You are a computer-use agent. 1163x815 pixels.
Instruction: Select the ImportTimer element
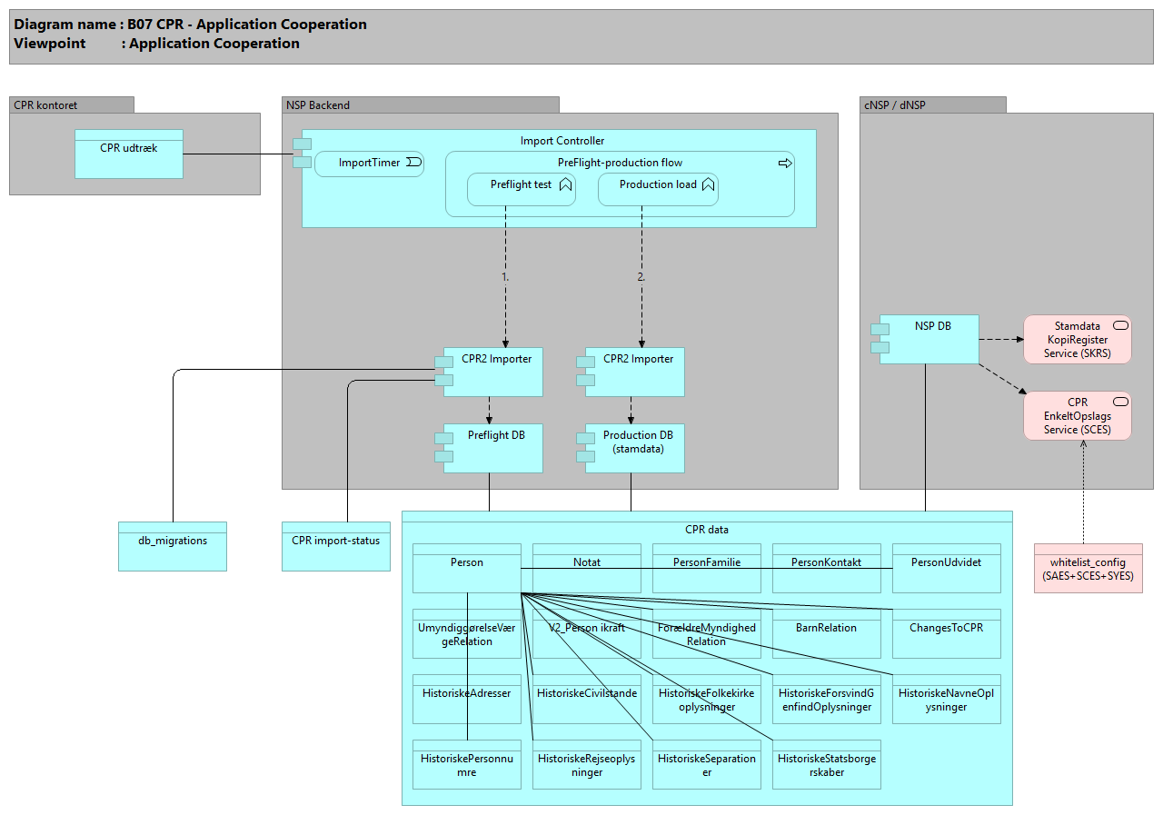point(369,163)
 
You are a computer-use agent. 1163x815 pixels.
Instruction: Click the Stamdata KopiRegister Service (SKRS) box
point(1077,340)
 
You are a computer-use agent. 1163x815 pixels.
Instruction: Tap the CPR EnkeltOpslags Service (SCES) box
point(1077,416)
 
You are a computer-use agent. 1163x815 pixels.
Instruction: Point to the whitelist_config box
point(1088,569)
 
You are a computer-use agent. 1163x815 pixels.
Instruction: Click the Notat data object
point(586,568)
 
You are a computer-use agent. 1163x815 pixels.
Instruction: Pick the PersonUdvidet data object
point(946,568)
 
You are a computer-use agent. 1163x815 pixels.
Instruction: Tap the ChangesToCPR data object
point(946,633)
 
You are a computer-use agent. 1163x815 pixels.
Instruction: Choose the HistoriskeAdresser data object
point(466,699)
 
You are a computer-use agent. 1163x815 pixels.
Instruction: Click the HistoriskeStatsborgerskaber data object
point(826,764)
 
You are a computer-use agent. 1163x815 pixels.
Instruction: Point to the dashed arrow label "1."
point(505,276)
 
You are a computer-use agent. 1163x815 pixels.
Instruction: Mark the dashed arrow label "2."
point(641,276)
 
